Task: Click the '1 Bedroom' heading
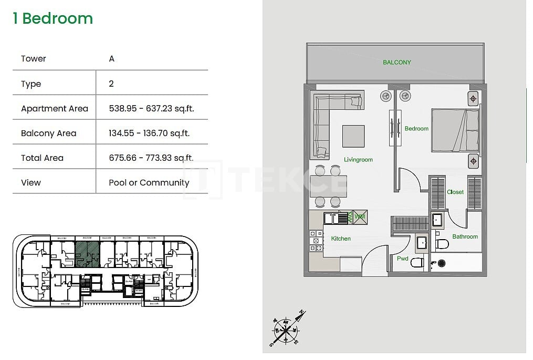pyautogui.click(x=53, y=18)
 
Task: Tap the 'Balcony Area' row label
pyautogui.click(x=48, y=133)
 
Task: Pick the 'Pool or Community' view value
pyautogui.click(x=149, y=182)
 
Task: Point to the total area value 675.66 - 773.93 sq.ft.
pyautogui.click(x=151, y=158)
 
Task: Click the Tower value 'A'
pyautogui.click(x=111, y=59)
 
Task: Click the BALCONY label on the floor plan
pyautogui.click(x=396, y=63)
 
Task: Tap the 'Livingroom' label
pyautogui.click(x=358, y=160)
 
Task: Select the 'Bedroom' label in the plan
pyautogui.click(x=416, y=128)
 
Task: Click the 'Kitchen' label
pyautogui.click(x=341, y=239)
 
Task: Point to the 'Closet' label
pyautogui.click(x=455, y=192)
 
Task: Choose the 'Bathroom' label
pyautogui.click(x=465, y=236)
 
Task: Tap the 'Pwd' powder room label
pyautogui.click(x=403, y=259)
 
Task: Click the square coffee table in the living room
pyautogui.click(x=353, y=136)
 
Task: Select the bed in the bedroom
pyautogui.click(x=455, y=130)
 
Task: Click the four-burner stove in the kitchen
pyautogui.click(x=316, y=240)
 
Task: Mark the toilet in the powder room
pyautogui.click(x=417, y=262)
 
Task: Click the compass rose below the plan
pyautogui.click(x=286, y=330)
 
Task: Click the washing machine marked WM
pyautogui.click(x=360, y=217)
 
